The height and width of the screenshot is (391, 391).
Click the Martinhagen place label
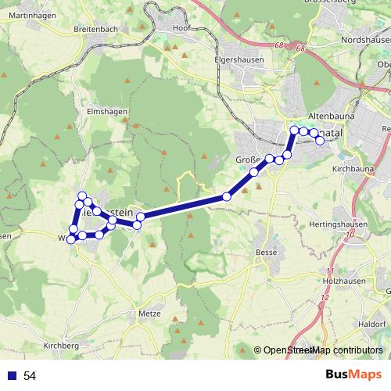click(27, 15)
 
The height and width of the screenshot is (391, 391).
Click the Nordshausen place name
click(367, 39)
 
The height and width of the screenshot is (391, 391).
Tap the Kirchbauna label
click(353, 168)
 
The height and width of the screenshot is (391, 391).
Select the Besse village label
click(267, 253)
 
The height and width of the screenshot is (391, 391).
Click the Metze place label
click(149, 314)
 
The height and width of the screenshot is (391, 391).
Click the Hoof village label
click(181, 28)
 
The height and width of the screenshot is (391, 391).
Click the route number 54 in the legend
click(30, 376)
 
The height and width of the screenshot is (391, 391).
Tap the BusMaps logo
click(353, 375)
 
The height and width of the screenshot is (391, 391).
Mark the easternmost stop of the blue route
click(320, 141)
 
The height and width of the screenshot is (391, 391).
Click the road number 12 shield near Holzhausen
click(324, 298)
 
